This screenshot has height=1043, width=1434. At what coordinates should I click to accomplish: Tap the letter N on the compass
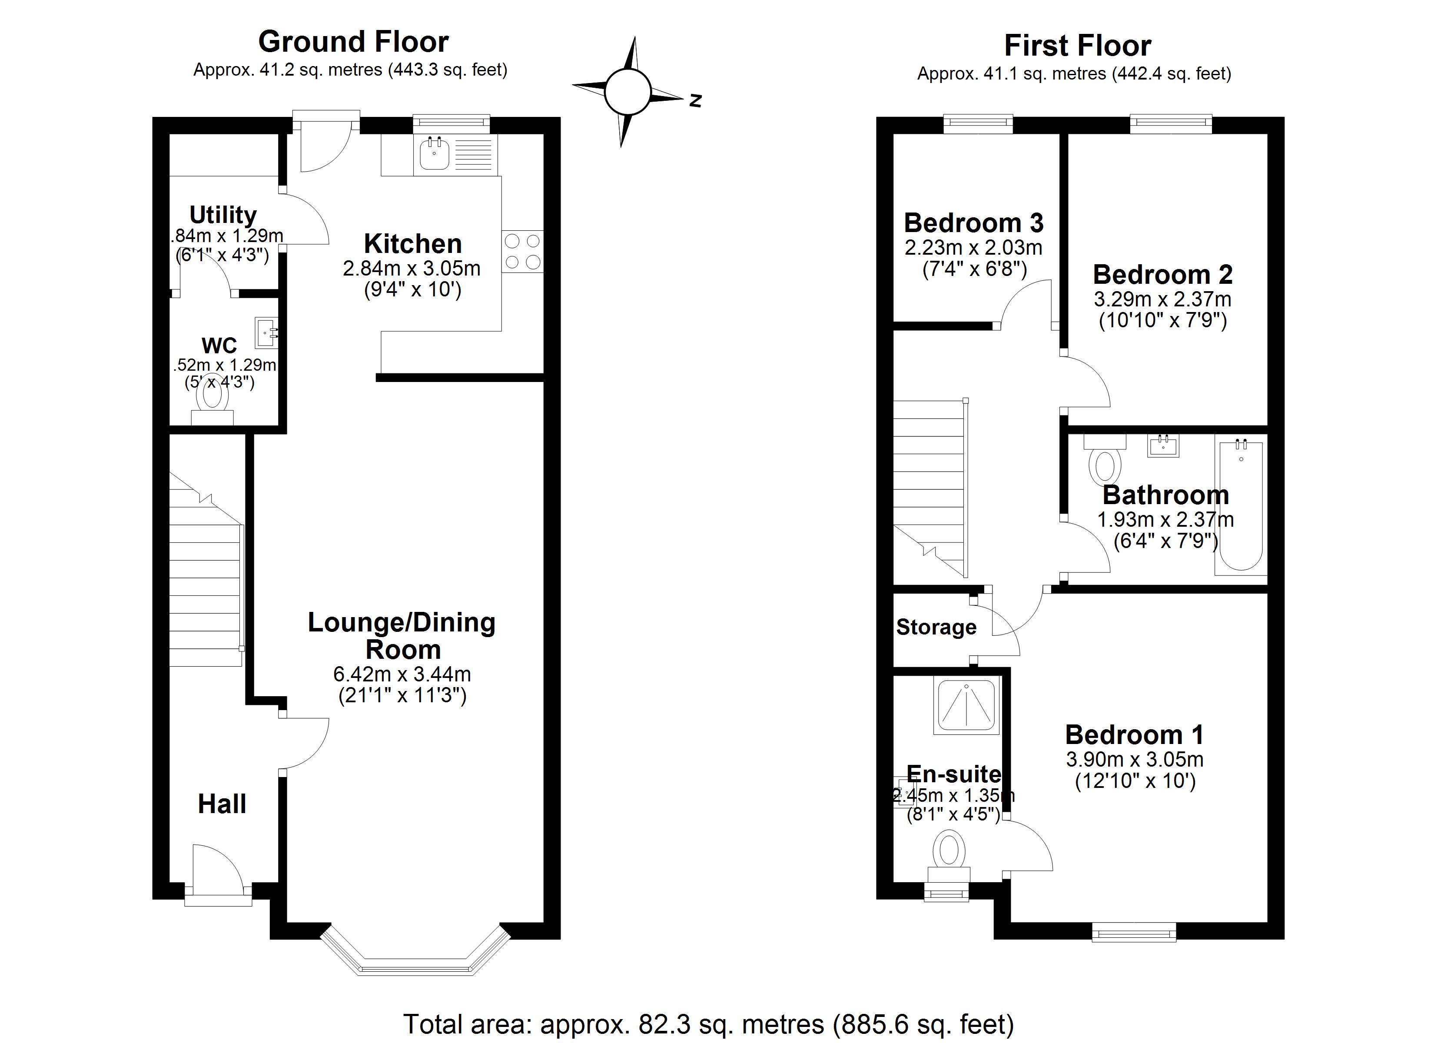(x=696, y=100)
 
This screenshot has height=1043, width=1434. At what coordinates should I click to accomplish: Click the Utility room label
(x=222, y=215)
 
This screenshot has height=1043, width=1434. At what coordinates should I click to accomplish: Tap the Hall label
(x=222, y=804)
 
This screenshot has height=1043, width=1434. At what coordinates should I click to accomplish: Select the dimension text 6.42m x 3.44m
(x=402, y=674)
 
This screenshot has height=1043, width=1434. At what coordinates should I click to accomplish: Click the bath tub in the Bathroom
(x=1241, y=506)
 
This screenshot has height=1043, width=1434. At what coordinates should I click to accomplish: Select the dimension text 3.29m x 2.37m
(x=1162, y=299)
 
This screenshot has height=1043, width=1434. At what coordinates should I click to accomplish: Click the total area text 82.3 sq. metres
(x=708, y=1023)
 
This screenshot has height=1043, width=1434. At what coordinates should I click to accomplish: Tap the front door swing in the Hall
(x=215, y=867)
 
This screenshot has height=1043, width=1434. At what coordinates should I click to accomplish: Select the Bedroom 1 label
(x=1134, y=734)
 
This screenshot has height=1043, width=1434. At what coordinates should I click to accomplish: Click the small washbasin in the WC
(x=266, y=333)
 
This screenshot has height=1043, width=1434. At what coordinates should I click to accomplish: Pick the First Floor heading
(x=1077, y=46)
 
